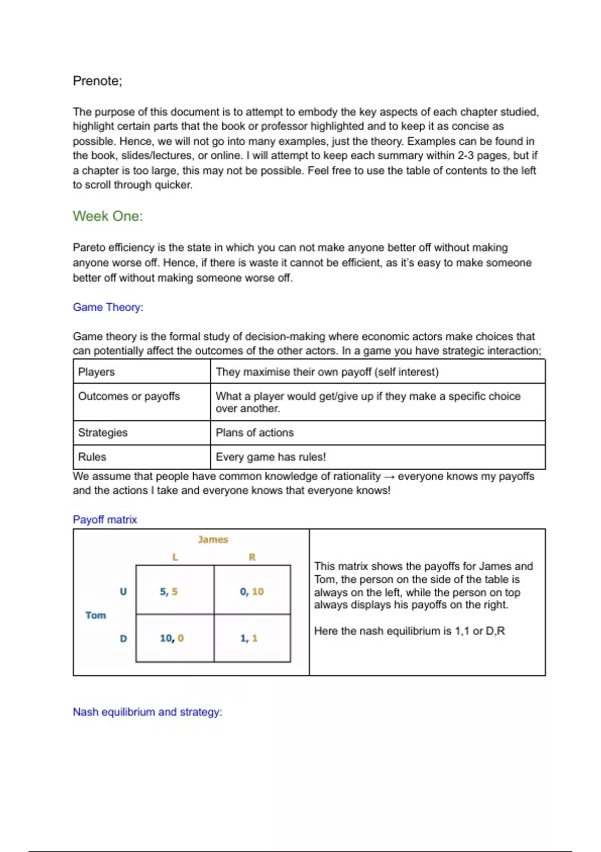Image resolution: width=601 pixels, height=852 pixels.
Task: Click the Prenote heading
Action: click(97, 81)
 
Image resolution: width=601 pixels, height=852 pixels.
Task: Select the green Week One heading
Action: click(108, 216)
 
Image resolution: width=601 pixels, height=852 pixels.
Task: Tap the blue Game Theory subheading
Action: click(108, 307)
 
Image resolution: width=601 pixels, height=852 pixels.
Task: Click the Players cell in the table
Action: click(96, 372)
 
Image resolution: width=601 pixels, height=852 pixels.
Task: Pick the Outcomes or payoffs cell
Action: click(129, 396)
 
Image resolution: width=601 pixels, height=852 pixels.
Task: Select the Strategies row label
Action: click(103, 433)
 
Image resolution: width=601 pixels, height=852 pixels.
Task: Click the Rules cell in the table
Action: click(92, 457)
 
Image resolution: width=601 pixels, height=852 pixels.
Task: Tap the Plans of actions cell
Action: click(254, 433)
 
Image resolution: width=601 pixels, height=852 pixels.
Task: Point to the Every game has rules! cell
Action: click(270, 457)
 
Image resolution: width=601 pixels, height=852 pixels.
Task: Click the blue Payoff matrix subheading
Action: click(105, 520)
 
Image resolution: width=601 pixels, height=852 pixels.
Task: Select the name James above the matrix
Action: click(213, 540)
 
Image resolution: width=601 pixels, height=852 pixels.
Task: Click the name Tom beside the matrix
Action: click(96, 615)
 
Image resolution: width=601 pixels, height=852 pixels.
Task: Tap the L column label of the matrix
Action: click(175, 557)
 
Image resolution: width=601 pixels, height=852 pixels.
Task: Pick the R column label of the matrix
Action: click(252, 557)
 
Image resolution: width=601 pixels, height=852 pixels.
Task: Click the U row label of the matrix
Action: click(123, 592)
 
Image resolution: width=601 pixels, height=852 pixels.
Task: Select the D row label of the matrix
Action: click(123, 638)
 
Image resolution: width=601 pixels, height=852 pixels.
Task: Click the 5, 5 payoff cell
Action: click(169, 592)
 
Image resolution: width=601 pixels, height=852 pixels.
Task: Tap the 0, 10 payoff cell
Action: click(251, 592)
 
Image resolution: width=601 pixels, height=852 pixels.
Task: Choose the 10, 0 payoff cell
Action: click(172, 638)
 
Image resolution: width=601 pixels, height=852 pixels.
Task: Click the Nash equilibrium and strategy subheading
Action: click(147, 712)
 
